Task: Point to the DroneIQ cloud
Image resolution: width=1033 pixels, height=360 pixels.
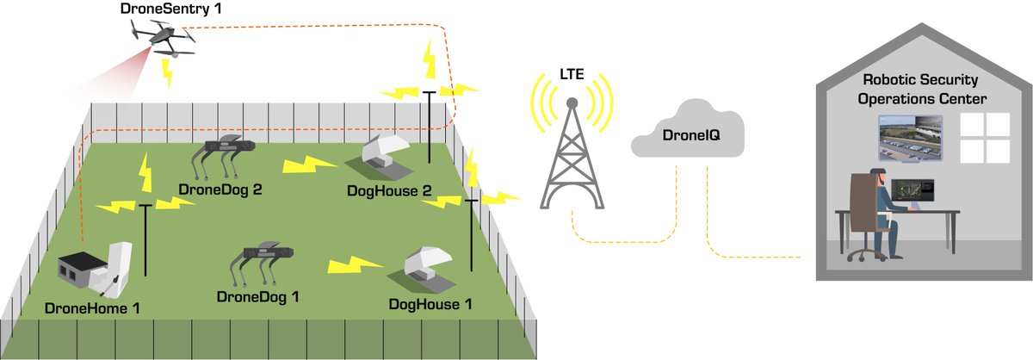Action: [x=684, y=133]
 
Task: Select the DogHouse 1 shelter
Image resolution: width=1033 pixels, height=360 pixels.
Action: [x=426, y=267]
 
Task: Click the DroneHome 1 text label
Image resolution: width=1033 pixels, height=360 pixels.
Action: [x=93, y=307]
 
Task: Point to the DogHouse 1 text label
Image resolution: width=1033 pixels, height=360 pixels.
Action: [x=430, y=304]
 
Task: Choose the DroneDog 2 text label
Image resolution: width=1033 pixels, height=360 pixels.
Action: [x=220, y=189]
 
